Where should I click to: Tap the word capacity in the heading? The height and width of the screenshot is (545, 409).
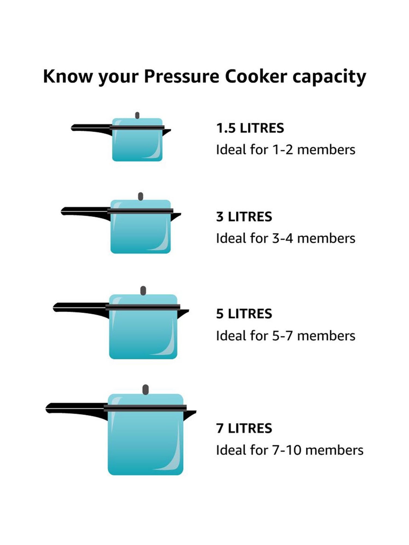(x=329, y=77)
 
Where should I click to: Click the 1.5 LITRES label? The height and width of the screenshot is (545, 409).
(x=250, y=128)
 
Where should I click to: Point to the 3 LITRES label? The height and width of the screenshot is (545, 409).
(x=244, y=217)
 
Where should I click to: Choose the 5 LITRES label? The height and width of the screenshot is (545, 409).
(x=244, y=314)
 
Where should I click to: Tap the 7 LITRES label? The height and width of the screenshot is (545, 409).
(x=244, y=428)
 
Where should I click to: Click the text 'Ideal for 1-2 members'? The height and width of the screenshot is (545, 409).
(x=285, y=150)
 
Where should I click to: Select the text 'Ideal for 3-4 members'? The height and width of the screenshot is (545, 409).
(x=285, y=238)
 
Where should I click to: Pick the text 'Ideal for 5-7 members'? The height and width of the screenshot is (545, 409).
(x=285, y=336)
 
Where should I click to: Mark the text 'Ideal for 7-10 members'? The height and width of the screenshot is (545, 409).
(x=290, y=450)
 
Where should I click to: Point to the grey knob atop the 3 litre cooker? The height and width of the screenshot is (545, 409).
(x=140, y=196)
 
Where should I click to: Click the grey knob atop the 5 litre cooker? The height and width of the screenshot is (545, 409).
(x=143, y=290)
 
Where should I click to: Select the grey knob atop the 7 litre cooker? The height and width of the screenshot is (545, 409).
(x=146, y=390)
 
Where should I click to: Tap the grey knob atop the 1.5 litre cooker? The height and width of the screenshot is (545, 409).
(x=137, y=115)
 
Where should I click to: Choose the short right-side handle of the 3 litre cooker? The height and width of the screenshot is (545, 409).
(x=176, y=216)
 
